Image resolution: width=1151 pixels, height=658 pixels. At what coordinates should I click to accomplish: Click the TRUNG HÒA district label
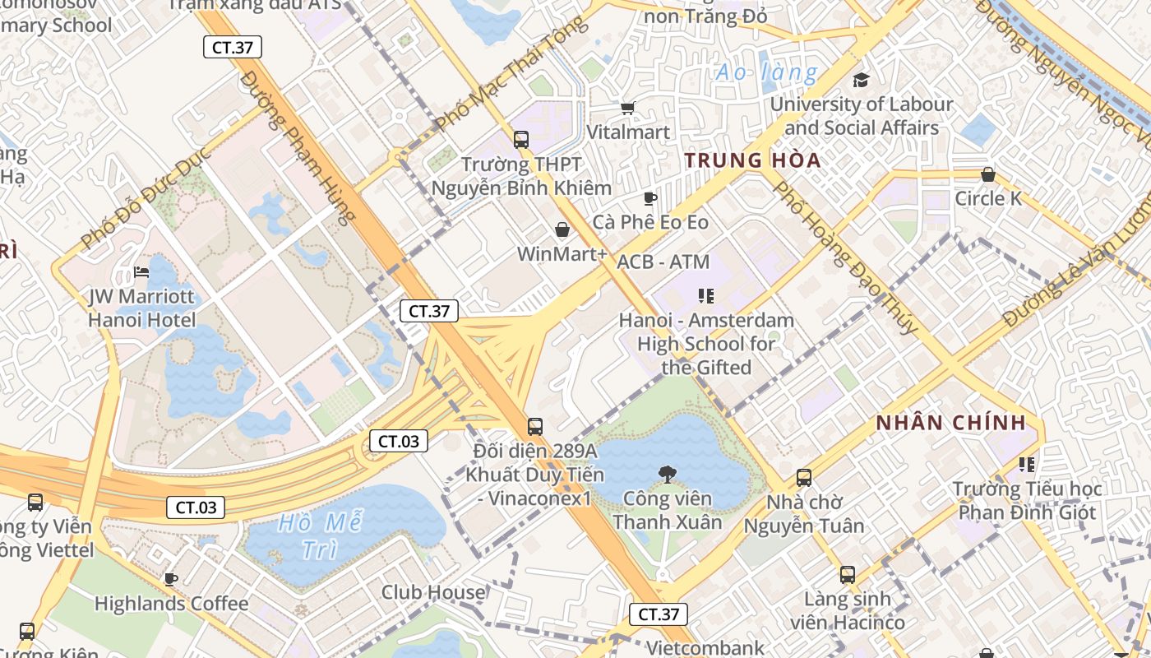753,160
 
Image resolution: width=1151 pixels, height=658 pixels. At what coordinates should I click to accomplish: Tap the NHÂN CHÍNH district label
951,424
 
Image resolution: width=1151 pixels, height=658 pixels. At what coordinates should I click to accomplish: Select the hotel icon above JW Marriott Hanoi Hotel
141,272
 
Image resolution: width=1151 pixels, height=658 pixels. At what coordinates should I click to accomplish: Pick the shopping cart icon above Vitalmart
628,108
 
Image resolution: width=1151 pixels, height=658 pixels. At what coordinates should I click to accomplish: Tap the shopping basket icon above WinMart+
562,229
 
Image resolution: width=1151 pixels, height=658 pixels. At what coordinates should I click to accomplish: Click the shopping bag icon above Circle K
988,174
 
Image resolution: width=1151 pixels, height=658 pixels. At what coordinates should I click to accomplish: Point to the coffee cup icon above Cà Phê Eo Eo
649,198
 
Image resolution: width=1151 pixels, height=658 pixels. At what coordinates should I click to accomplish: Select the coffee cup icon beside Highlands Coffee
171,579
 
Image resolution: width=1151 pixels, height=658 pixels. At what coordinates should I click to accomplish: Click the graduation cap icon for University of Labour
861,80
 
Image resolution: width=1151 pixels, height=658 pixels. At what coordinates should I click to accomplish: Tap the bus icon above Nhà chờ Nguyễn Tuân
804,477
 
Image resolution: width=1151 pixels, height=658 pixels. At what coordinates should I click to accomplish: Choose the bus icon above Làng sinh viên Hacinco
848,575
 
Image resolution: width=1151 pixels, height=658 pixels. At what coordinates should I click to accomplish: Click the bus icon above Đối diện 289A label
535,427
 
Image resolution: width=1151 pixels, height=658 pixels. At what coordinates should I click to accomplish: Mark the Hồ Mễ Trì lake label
320,535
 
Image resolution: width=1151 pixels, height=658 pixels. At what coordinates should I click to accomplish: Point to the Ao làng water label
766,72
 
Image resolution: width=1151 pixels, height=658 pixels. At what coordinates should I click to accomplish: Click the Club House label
433,592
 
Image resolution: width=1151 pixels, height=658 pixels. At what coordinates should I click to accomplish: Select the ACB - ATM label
663,262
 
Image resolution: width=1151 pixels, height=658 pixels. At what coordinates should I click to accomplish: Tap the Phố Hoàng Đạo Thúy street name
846,257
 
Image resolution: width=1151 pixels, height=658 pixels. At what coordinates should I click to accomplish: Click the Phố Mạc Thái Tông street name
511,74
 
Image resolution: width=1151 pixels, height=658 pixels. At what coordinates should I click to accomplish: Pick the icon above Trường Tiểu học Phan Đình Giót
1027,465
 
